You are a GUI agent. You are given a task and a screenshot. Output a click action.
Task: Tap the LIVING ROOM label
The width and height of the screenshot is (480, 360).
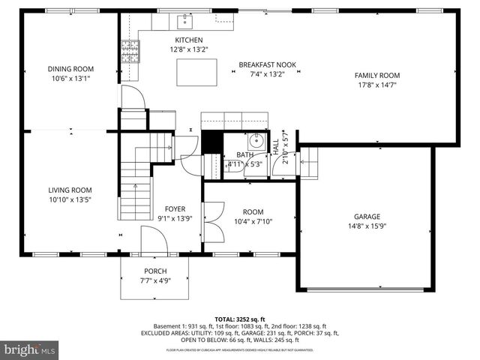tap(70, 190)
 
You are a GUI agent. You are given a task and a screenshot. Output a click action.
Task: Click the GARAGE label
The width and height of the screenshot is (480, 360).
tap(367, 216)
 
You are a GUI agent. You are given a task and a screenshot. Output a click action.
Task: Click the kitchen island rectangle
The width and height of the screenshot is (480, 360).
tap(196, 72)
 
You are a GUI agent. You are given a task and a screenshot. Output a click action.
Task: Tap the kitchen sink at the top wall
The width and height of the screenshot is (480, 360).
tap(184, 20)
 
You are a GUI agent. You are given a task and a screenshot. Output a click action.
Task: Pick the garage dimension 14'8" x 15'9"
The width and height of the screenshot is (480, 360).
tap(367, 226)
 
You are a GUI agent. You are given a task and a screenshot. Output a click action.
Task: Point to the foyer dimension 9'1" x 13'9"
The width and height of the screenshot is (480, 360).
tap(175, 218)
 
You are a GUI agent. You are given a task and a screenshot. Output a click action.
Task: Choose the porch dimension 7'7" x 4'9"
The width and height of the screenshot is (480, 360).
tap(155, 281)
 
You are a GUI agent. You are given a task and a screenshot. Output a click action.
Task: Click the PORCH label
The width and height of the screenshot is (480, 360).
tap(155, 271)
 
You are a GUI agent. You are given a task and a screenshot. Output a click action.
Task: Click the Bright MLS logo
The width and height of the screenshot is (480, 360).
tap(30, 349)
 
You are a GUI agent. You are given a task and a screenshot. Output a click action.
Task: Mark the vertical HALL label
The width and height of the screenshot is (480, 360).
tap(276, 145)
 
